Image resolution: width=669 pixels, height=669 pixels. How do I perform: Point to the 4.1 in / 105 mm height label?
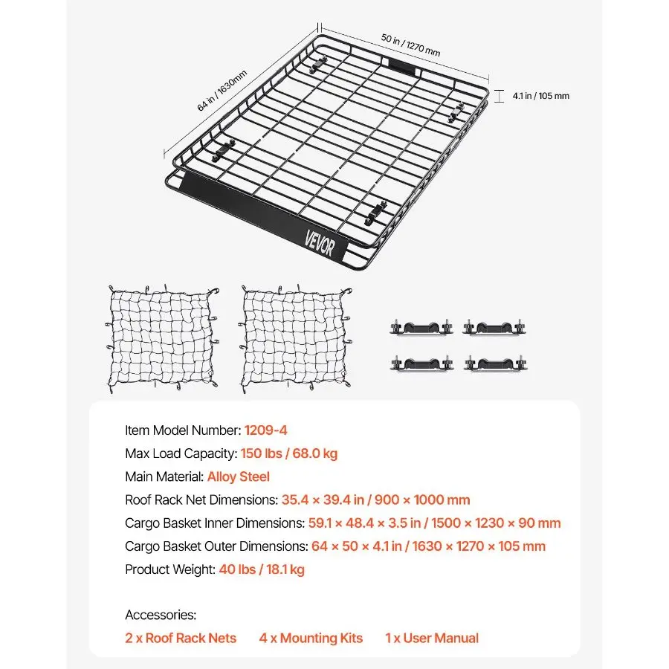(x=541, y=96)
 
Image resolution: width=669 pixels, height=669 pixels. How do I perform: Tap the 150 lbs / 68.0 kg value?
(x=289, y=453)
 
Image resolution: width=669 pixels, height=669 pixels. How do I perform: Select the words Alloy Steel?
(x=238, y=476)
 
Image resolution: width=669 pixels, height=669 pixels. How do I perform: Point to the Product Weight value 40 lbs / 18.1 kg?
(x=262, y=569)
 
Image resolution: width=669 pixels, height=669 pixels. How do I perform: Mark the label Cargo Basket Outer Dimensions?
(x=216, y=546)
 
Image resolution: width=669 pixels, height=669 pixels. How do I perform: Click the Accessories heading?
(x=161, y=615)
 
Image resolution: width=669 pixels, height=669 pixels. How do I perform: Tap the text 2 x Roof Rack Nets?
(x=181, y=638)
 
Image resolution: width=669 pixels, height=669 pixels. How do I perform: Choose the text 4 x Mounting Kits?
(x=311, y=638)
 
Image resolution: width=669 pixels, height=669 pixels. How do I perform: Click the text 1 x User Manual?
(x=431, y=638)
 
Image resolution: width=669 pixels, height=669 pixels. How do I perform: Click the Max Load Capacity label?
(x=181, y=453)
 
